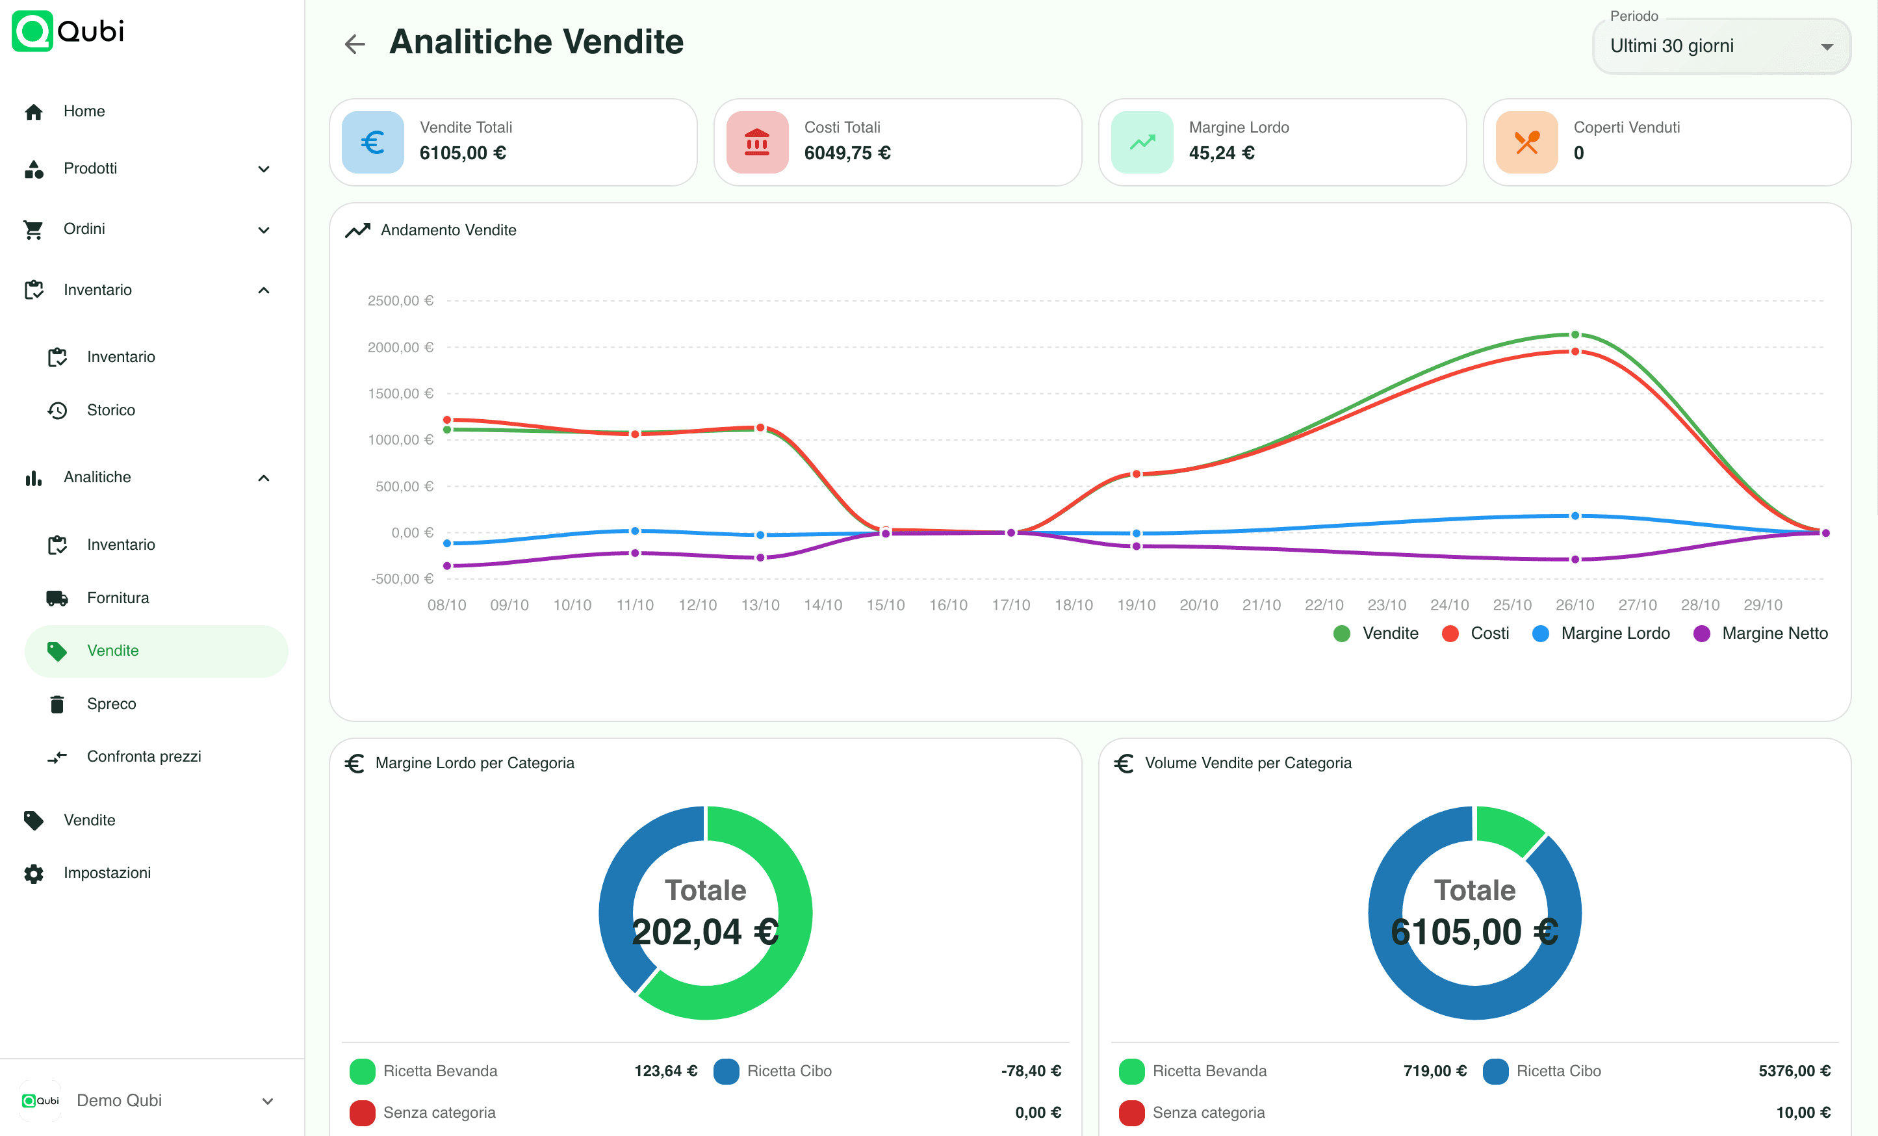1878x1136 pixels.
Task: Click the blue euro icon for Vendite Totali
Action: (x=373, y=142)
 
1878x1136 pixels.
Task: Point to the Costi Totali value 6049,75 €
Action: (x=847, y=153)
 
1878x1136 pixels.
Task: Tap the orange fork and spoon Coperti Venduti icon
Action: (x=1526, y=142)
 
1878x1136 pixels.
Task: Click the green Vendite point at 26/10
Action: (x=1575, y=335)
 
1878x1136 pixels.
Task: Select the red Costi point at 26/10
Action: (x=1575, y=352)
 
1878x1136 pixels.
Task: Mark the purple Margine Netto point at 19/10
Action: (x=1136, y=546)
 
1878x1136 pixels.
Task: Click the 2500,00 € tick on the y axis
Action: (x=400, y=300)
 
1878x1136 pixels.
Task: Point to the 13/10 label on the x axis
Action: (x=760, y=605)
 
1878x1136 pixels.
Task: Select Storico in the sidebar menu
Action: (x=111, y=410)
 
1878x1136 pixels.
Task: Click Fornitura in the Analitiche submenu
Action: (x=118, y=598)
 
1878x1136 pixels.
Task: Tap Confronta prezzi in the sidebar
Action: (x=144, y=756)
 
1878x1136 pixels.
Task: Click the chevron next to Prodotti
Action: (x=264, y=168)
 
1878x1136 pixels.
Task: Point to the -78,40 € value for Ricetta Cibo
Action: (x=1031, y=1071)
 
